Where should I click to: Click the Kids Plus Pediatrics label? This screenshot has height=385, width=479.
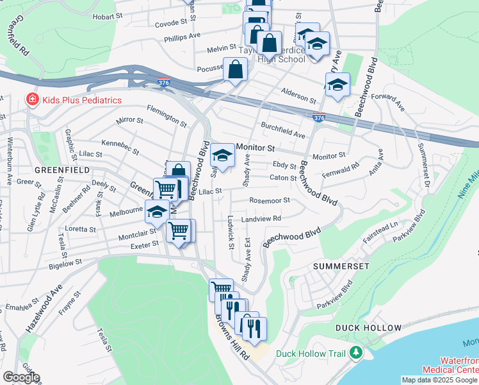82,100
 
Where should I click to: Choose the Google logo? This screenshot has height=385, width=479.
21,377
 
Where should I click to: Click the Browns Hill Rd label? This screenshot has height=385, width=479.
232,338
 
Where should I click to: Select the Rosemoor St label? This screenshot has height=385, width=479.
270,200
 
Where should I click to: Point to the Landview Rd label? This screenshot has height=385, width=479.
261,219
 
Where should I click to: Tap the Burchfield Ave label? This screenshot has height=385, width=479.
282,130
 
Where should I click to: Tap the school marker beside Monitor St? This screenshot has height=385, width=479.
223,155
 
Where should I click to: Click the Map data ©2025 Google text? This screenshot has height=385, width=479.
440,380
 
